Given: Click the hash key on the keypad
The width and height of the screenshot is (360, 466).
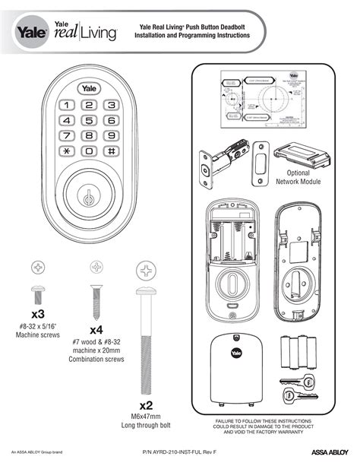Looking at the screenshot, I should coord(112,151).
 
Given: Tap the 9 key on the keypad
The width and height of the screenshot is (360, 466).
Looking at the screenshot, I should coord(112,135).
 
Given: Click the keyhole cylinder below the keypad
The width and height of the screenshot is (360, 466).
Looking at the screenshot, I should coord(90,195).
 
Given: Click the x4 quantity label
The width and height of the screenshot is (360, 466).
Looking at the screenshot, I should coord(96,330).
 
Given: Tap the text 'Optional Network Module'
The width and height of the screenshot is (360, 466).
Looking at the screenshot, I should coord(298,178).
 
